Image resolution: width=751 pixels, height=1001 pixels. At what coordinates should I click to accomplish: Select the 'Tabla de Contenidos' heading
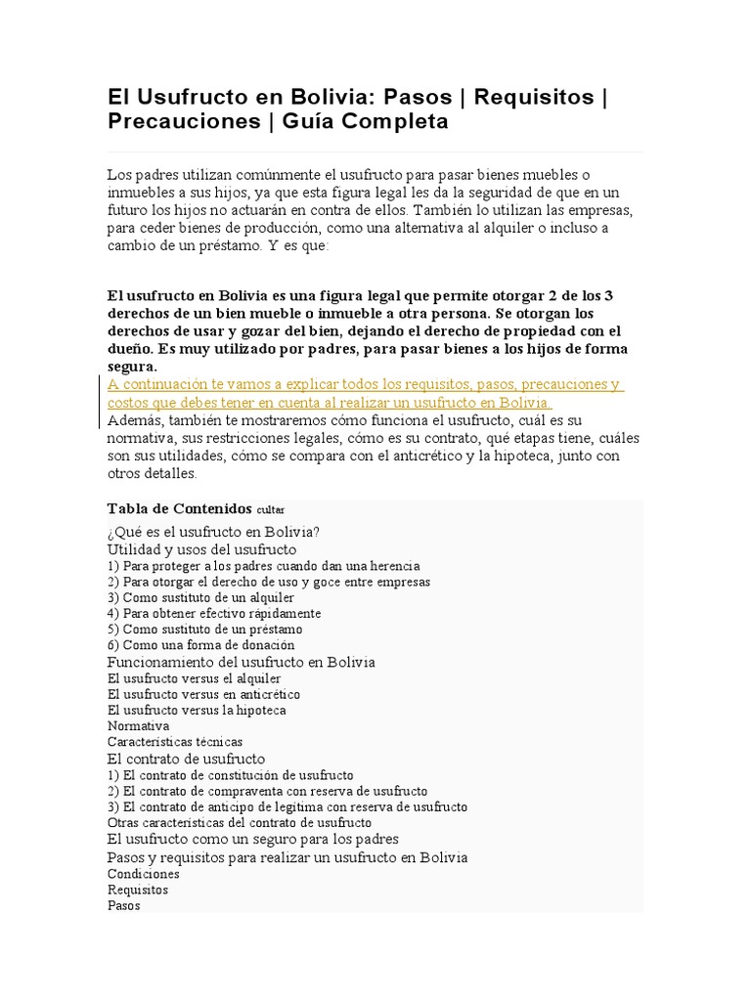(179, 508)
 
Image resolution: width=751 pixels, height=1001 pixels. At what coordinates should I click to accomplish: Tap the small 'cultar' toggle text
(271, 510)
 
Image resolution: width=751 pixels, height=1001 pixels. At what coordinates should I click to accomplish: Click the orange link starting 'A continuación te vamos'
(364, 385)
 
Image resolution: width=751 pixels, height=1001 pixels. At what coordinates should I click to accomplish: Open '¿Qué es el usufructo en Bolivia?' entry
(213, 532)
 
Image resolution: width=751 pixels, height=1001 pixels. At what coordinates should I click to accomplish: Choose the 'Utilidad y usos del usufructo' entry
(201, 549)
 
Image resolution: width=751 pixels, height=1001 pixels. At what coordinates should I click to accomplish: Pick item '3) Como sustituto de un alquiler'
(200, 597)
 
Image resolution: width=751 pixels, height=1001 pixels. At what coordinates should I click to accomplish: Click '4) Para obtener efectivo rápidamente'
(214, 613)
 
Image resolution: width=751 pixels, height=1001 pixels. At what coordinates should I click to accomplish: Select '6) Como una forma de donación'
(200, 645)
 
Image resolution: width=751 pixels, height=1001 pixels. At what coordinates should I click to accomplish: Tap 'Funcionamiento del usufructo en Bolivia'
(241, 662)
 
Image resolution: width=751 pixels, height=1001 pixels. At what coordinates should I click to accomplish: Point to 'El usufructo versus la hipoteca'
(197, 710)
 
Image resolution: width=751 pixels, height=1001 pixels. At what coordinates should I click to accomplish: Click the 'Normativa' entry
(138, 726)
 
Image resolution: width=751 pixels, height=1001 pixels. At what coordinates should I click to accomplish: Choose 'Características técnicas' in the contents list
(175, 742)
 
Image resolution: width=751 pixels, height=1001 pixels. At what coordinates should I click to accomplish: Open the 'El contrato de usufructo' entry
(186, 759)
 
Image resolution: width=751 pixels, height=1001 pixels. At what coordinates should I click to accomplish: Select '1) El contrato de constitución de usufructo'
(231, 775)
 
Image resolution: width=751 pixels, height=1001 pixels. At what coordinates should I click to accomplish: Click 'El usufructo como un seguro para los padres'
(252, 839)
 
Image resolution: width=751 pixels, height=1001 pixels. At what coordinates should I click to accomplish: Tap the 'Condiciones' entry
(144, 874)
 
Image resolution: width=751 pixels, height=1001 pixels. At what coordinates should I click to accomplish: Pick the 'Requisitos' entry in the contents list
(138, 890)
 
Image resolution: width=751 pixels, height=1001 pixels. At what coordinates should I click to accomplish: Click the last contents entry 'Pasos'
(124, 905)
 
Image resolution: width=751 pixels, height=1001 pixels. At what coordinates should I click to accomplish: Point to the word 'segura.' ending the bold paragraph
(131, 367)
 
